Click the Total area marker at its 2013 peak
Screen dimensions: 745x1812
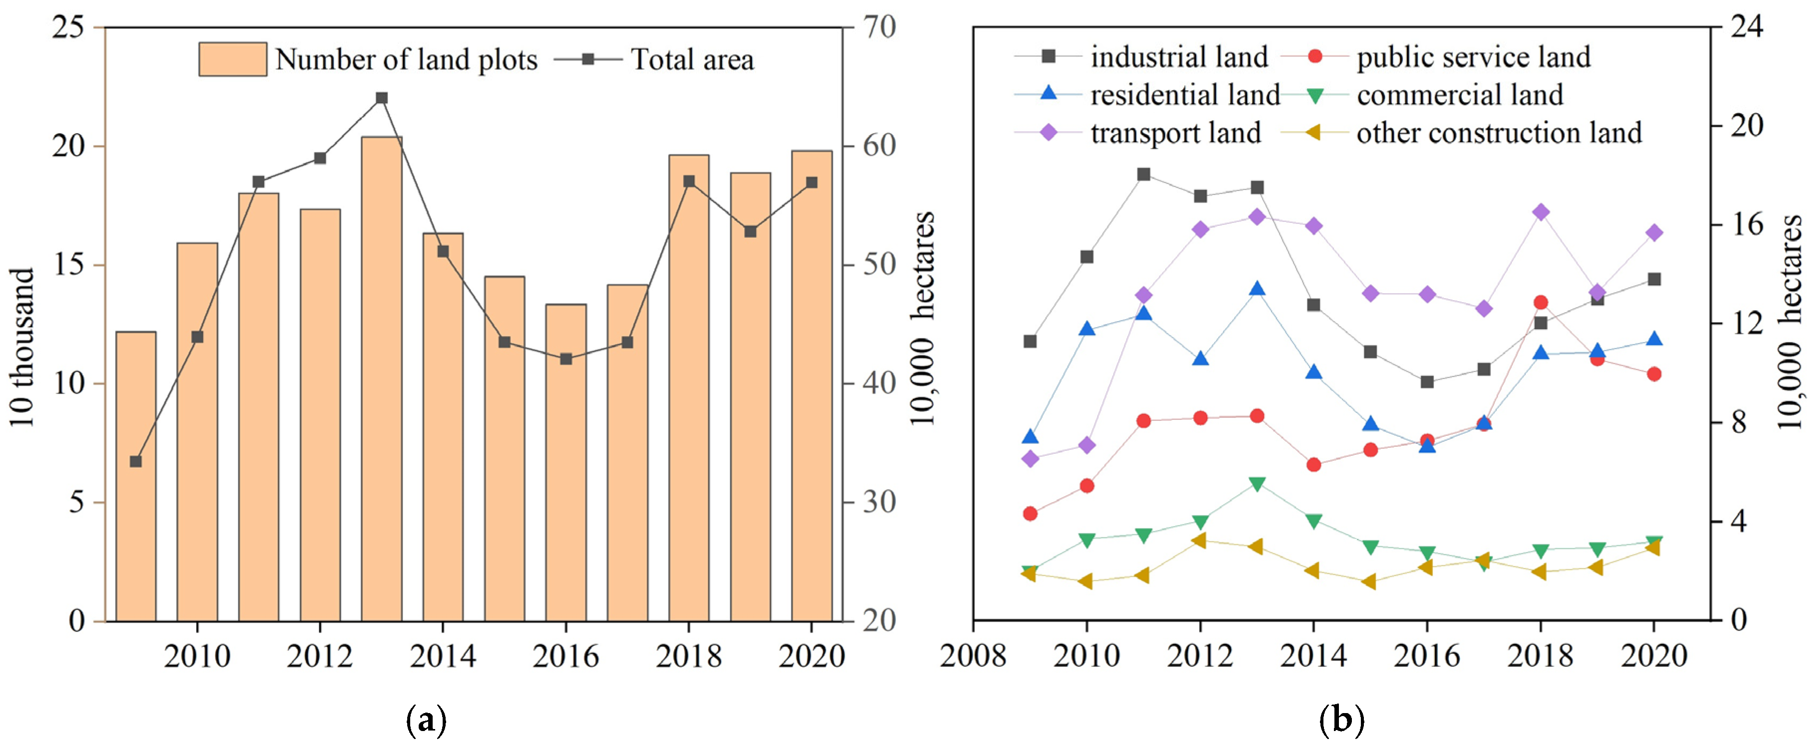[381, 98]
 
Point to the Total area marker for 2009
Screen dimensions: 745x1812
[136, 462]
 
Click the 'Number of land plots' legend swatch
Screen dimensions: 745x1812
[232, 59]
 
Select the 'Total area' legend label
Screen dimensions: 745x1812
[692, 60]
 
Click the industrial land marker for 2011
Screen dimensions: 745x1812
[1144, 175]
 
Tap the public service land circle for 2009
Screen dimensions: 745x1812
[1031, 513]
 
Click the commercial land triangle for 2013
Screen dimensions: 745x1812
[1258, 484]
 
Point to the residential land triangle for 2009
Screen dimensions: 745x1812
[1031, 437]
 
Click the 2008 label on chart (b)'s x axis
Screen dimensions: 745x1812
[974, 656]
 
